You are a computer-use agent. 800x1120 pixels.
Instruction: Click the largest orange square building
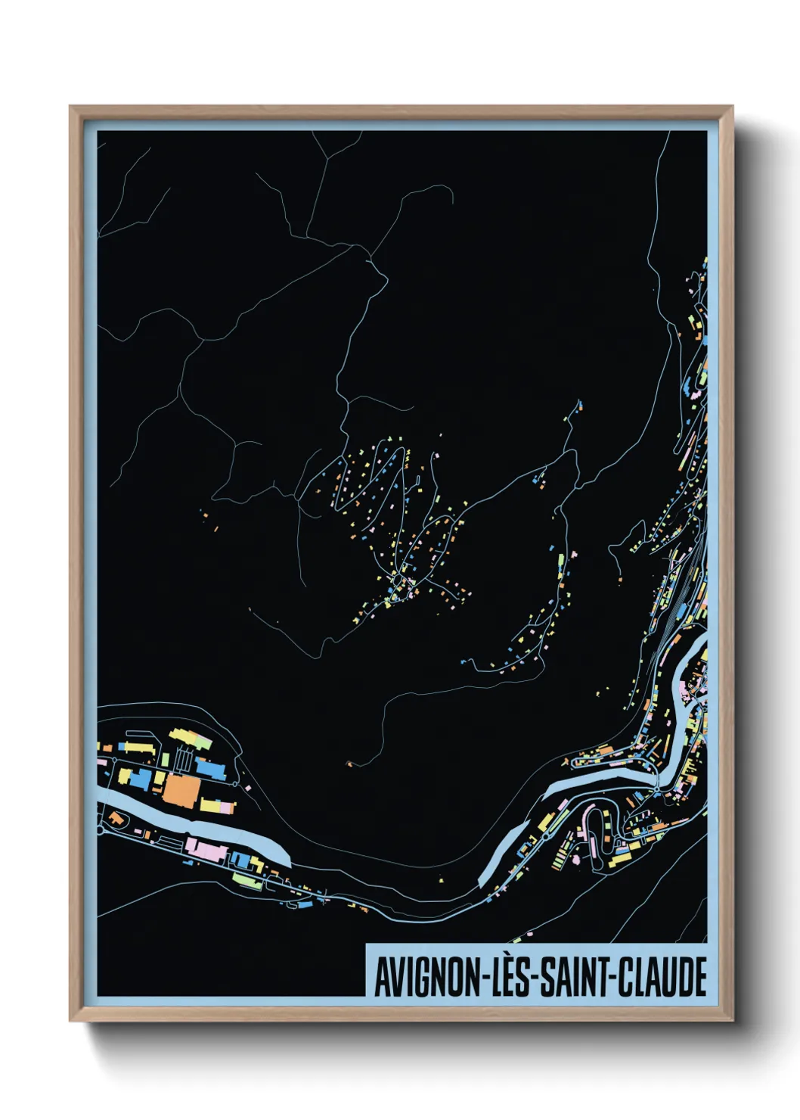(181, 789)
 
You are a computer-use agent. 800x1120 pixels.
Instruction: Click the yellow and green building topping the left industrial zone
(190, 738)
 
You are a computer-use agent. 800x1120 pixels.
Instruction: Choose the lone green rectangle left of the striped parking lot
(165, 758)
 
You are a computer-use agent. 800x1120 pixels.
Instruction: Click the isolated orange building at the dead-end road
(349, 763)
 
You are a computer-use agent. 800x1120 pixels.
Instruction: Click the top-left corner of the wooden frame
(70, 107)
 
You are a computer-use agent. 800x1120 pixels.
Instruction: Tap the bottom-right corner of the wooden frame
(732, 1020)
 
